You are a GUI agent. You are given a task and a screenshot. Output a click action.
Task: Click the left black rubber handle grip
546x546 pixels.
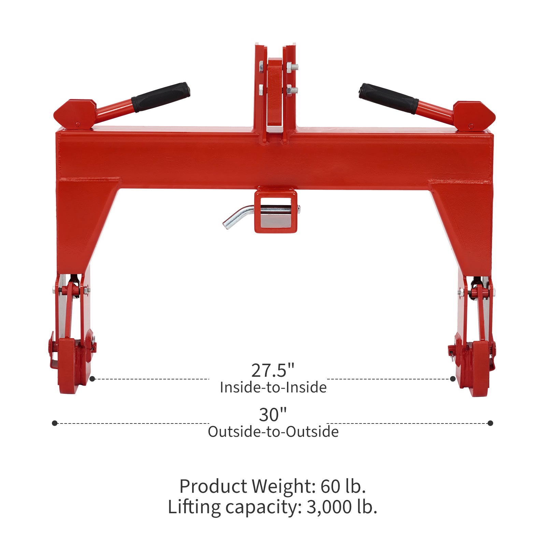pyautogui.click(x=161, y=97)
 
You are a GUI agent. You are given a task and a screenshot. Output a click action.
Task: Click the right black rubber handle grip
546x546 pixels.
pyautogui.click(x=389, y=98)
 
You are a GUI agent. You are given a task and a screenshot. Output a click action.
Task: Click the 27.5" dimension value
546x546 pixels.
pyautogui.click(x=273, y=371)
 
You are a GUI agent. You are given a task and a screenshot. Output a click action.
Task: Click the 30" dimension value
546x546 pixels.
pyautogui.click(x=273, y=415)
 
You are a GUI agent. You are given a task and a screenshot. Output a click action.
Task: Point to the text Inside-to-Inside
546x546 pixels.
pyautogui.click(x=273, y=387)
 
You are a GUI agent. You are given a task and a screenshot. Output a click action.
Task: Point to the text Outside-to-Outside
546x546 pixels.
pyautogui.click(x=273, y=432)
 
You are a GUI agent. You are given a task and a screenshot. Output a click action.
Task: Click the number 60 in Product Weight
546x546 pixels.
pyautogui.click(x=330, y=487)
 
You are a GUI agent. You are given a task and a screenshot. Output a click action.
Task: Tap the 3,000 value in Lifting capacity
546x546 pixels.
pyautogui.click(x=330, y=507)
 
